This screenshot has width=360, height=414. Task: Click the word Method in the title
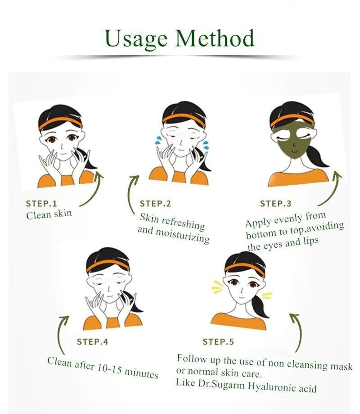coord(215,38)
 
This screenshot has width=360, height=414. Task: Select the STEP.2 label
coord(155,204)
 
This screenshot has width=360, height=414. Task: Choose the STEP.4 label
coord(92,341)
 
